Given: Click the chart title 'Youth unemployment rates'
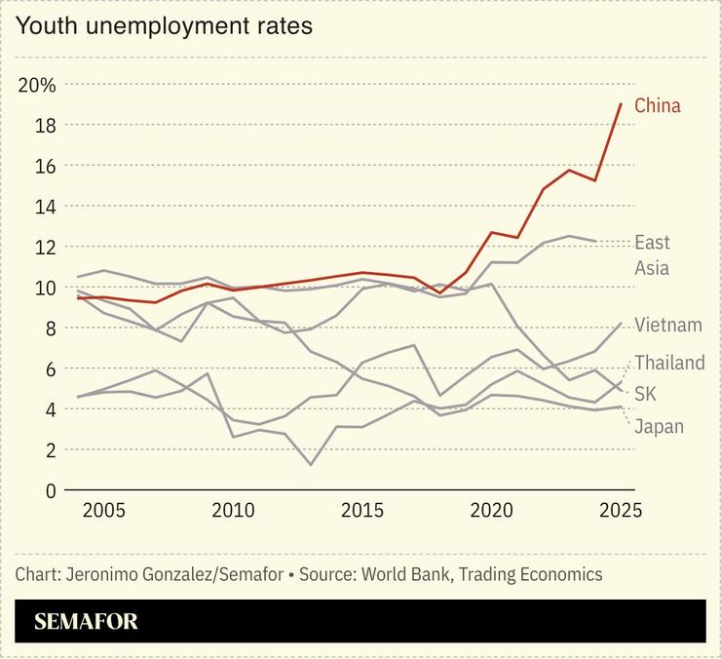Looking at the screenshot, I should [x=164, y=26].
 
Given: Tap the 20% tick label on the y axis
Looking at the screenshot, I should [x=37, y=85].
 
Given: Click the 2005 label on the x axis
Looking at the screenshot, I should [x=102, y=510].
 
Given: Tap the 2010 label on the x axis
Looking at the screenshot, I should [x=232, y=510].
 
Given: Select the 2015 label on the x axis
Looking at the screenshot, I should [x=361, y=510].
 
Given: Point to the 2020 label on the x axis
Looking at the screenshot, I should [x=491, y=510].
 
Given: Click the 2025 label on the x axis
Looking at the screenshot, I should [x=620, y=510].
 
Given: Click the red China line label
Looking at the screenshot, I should [x=658, y=105].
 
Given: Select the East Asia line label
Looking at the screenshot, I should [x=652, y=255].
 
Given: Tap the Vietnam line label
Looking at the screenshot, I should [x=667, y=325].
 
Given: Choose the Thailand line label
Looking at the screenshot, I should [x=669, y=363].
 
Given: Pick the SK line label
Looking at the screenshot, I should [x=645, y=394].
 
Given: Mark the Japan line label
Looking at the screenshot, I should [x=659, y=426].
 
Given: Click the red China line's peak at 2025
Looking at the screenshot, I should [x=621, y=104].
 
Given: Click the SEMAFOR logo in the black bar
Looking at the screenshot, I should [x=86, y=621].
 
